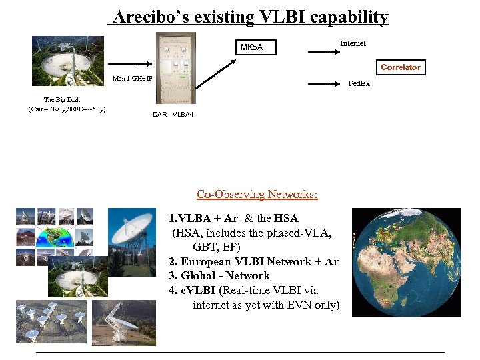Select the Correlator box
[x=400, y=67]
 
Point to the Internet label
[x=353, y=43]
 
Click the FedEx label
[x=359, y=84]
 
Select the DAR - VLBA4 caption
[x=173, y=115]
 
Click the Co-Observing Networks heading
[x=257, y=195]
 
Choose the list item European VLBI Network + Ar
[x=253, y=261]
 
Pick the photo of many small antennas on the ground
[x=51, y=321]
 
